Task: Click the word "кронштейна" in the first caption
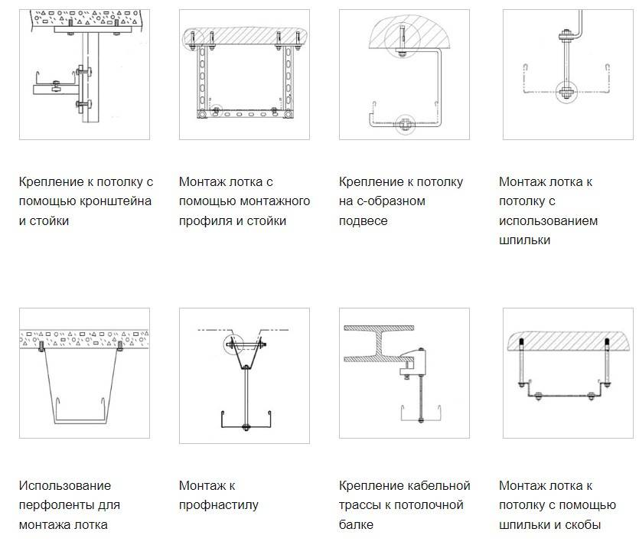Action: [116, 201]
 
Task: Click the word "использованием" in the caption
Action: [548, 221]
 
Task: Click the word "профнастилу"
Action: [218, 505]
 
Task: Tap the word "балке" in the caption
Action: [356, 524]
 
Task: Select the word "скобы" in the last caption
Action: [581, 524]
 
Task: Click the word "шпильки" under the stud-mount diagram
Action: [524, 240]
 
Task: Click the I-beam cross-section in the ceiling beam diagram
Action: [379, 344]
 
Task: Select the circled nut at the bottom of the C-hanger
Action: [405, 123]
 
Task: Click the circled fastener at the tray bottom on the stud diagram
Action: [566, 92]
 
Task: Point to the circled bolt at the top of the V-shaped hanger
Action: [233, 345]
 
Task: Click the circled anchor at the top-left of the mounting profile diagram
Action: [191, 41]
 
